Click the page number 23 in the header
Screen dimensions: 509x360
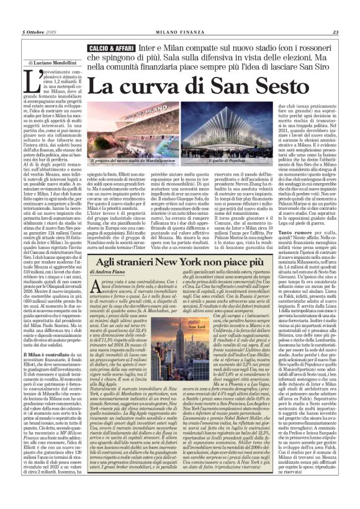pyautogui.click(x=335, y=15)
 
